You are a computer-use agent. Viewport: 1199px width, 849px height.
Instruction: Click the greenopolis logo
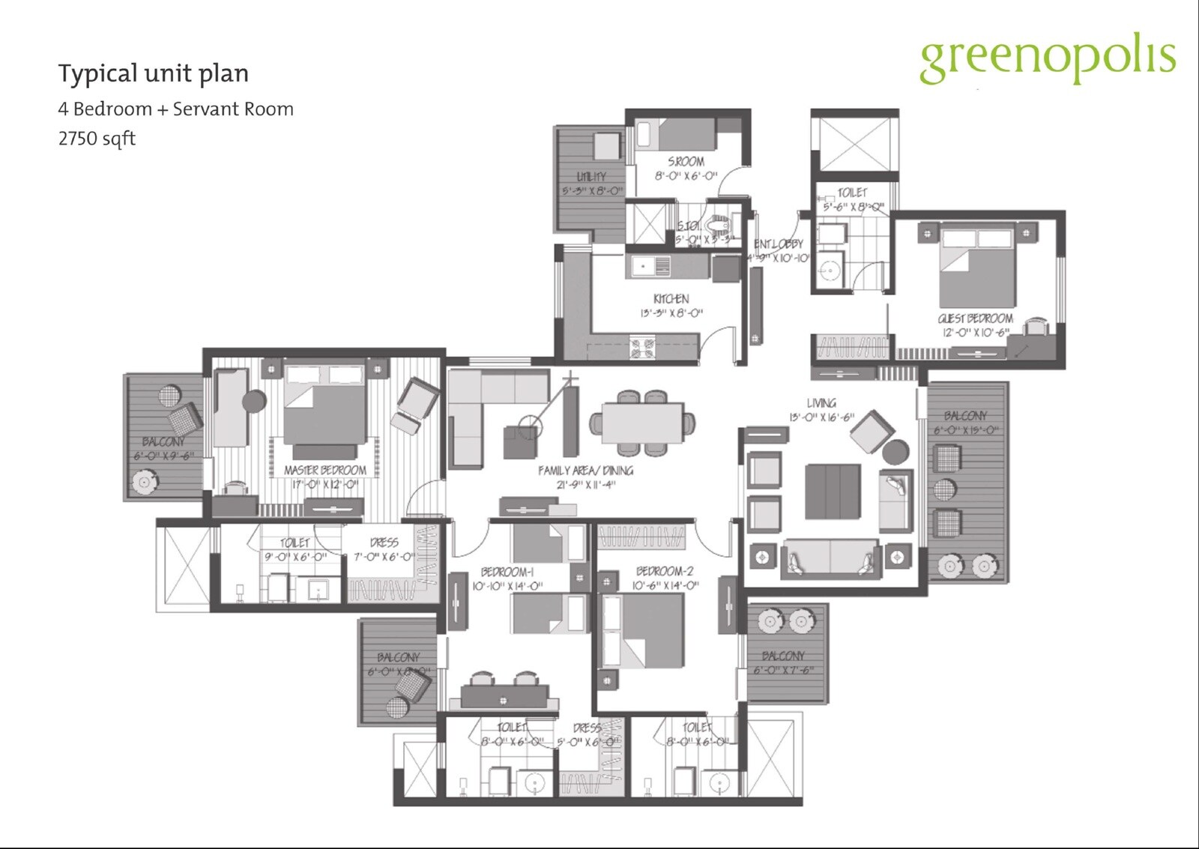pyautogui.click(x=1047, y=60)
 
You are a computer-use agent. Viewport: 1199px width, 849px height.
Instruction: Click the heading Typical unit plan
pyautogui.click(x=154, y=73)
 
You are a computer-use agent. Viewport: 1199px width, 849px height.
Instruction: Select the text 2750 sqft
pyautogui.click(x=97, y=139)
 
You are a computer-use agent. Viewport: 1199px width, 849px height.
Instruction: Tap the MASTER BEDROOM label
pyautogui.click(x=325, y=470)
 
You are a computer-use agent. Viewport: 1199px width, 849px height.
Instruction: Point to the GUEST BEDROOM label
pyautogui.click(x=975, y=318)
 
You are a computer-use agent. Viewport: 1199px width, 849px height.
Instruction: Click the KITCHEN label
pyautogui.click(x=671, y=298)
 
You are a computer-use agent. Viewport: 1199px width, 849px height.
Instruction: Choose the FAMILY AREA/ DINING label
pyautogui.click(x=585, y=471)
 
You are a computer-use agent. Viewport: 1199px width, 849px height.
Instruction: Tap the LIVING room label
pyautogui.click(x=821, y=403)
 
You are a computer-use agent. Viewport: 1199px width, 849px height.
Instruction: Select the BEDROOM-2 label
pyautogui.click(x=665, y=571)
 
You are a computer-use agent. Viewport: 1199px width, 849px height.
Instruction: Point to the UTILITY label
pyautogui.click(x=591, y=177)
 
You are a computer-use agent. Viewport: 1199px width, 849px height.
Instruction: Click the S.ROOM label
pyautogui.click(x=686, y=161)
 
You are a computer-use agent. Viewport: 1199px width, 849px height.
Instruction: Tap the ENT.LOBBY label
pyautogui.click(x=778, y=244)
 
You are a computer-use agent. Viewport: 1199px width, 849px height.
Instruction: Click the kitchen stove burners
pyautogui.click(x=642, y=348)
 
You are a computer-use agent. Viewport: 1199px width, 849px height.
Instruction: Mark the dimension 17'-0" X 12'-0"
pyautogui.click(x=325, y=485)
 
